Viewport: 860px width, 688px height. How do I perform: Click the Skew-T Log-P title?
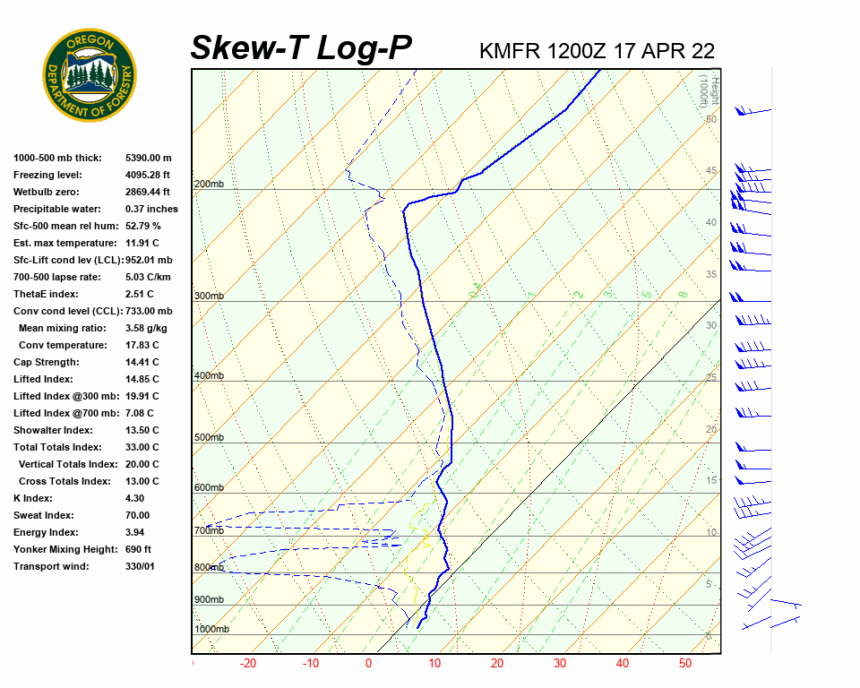click(x=302, y=48)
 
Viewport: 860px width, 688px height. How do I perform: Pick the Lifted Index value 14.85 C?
click(x=142, y=379)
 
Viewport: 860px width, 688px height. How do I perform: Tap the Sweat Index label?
click(x=44, y=515)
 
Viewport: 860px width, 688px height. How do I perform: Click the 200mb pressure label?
click(x=209, y=185)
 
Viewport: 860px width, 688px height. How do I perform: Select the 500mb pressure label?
click(x=209, y=437)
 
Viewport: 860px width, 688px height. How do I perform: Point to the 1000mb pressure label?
click(x=211, y=629)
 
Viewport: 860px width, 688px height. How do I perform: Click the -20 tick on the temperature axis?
click(x=248, y=664)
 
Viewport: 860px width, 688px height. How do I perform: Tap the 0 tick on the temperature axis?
click(x=368, y=664)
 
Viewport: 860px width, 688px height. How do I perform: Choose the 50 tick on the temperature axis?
click(x=685, y=664)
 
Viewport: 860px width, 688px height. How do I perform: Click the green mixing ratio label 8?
click(x=683, y=294)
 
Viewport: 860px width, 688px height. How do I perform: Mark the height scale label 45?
click(x=711, y=170)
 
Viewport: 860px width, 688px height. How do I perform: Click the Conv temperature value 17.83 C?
click(x=142, y=345)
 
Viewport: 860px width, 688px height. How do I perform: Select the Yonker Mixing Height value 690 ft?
click(x=138, y=549)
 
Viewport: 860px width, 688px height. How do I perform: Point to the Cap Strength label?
click(x=47, y=362)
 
